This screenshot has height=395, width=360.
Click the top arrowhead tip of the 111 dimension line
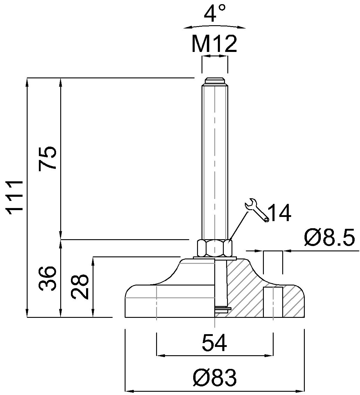[x=27, y=78]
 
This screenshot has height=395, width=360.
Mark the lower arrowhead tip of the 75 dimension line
[x=61, y=239]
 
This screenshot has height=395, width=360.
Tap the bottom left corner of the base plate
[x=125, y=317]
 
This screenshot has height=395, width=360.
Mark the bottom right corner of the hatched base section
[x=305, y=317]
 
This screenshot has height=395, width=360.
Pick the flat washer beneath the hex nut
[x=215, y=258]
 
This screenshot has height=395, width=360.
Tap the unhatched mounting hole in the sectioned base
[x=273, y=302]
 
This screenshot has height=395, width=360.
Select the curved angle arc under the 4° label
[x=215, y=27]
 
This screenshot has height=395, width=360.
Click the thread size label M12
[x=214, y=44]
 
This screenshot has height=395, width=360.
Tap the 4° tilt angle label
[x=215, y=13]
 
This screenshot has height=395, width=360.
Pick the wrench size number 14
[x=280, y=213]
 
